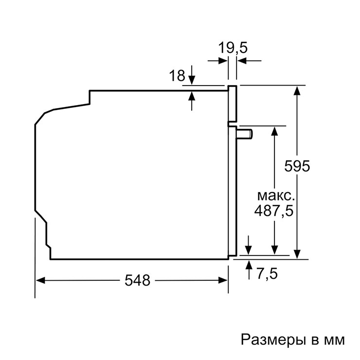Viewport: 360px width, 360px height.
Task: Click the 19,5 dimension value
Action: (x=233, y=48)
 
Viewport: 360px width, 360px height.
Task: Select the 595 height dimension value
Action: (x=297, y=166)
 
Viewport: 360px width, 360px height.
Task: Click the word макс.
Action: (x=276, y=196)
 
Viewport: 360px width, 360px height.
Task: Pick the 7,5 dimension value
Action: (x=267, y=273)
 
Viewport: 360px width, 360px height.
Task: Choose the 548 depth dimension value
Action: (x=137, y=280)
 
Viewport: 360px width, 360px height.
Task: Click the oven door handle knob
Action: (x=245, y=134)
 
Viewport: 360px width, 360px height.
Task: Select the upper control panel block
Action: (x=232, y=104)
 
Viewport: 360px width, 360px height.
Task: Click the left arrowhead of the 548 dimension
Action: (x=40, y=280)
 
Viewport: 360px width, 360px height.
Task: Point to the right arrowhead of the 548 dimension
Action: (x=223, y=280)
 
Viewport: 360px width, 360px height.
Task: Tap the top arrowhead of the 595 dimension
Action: (x=297, y=90)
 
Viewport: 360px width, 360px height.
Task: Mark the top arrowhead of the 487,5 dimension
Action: (x=274, y=131)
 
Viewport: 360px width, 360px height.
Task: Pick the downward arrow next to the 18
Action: (x=192, y=75)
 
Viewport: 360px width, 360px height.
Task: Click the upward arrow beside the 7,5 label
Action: (x=249, y=270)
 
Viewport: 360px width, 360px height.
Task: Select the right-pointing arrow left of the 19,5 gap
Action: (x=217, y=61)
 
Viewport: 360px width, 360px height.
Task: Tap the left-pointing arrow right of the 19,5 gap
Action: (x=249, y=61)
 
